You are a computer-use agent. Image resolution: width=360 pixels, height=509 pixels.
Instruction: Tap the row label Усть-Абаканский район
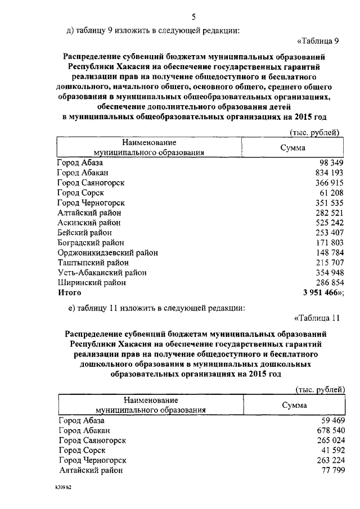(x=102, y=272)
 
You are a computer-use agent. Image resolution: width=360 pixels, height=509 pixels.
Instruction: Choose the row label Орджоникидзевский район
(x=107, y=253)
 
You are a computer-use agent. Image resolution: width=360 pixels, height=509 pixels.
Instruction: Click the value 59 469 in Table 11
(x=328, y=420)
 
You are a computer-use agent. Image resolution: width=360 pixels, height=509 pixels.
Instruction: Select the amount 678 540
(x=326, y=430)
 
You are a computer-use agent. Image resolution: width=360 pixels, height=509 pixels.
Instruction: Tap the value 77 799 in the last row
(x=328, y=470)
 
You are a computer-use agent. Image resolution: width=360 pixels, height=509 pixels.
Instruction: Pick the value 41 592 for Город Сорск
(x=328, y=450)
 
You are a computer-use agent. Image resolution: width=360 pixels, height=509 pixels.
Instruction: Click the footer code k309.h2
(x=60, y=487)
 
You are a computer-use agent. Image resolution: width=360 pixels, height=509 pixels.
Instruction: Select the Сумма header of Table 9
(x=292, y=147)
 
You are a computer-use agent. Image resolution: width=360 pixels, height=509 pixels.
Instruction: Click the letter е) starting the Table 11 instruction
(x=70, y=308)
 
